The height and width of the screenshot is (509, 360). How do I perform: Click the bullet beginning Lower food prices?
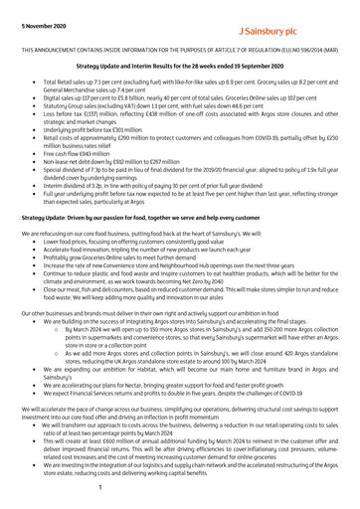[129, 246]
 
